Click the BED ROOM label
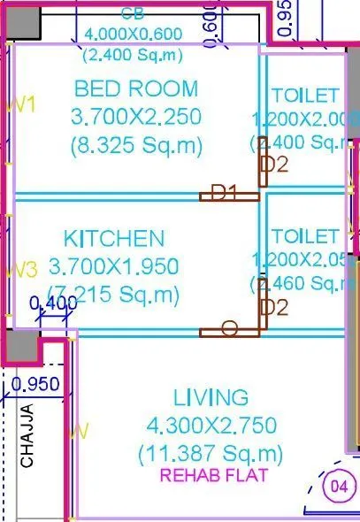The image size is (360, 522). tap(136, 88)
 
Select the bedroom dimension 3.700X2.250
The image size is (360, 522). tap(136, 117)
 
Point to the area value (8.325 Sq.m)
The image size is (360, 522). tap(136, 145)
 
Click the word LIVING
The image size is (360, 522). tap(211, 396)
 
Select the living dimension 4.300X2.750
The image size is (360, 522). tap(211, 425)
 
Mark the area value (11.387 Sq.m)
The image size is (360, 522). tap(211, 454)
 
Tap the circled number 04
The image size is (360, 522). tap(337, 486)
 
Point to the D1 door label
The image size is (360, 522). tap(222, 192)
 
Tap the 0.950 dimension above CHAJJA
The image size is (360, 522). tap(36, 384)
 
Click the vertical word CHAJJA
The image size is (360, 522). tap(27, 436)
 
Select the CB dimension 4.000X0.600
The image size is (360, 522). tap(133, 34)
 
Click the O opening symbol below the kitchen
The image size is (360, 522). tap(228, 330)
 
